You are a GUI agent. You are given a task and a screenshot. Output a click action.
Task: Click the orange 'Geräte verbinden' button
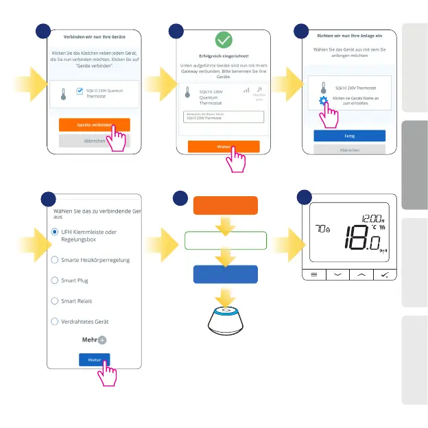94,125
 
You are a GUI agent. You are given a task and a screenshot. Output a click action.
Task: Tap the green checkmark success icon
224,39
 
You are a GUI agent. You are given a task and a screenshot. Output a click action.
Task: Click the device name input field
223,117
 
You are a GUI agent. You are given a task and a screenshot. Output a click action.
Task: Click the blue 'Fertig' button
349,136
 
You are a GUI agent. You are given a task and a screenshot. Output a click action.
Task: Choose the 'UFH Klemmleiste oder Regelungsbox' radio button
55,232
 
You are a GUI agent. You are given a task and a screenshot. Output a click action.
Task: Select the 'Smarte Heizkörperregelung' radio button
55,260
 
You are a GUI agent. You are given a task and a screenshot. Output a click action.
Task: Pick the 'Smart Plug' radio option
55,281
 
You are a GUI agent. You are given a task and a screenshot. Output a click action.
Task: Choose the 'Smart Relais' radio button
55,301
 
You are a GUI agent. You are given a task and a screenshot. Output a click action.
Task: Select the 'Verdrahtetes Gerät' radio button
55,322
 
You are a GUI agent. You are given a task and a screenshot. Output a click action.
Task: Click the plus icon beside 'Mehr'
102,340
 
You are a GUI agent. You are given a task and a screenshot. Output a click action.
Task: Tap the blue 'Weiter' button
94,359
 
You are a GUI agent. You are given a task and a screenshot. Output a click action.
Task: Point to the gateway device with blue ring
226,322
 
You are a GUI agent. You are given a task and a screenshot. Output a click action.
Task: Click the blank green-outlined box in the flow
226,240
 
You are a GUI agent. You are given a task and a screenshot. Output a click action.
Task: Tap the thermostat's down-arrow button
337,274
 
